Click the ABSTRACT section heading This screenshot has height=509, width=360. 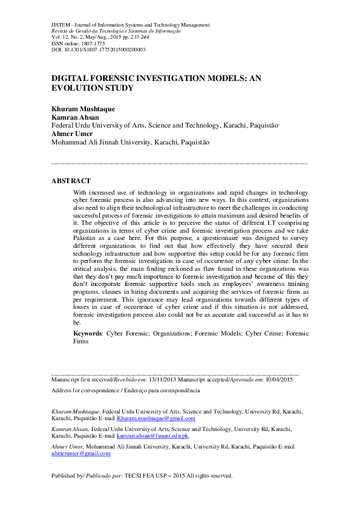pos(71,181)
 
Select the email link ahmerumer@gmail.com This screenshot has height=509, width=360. pos(81,453)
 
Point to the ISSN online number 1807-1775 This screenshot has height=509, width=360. pos(91,43)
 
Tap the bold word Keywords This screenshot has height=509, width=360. pos(88,333)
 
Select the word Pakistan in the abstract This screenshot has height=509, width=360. pos(88,239)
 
